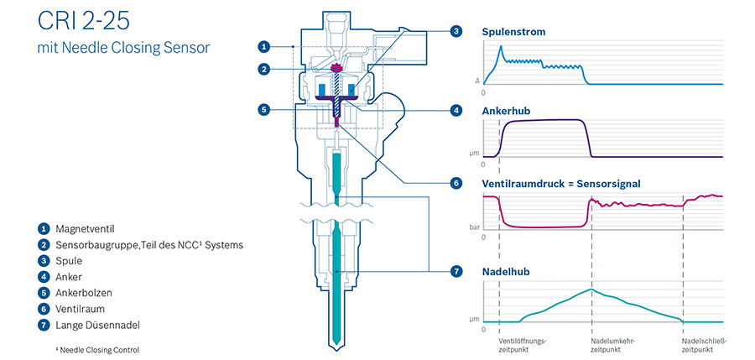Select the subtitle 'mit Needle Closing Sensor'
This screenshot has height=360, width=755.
[x=124, y=48]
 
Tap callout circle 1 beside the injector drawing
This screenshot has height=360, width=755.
[x=263, y=47]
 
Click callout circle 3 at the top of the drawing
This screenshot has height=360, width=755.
[x=456, y=31]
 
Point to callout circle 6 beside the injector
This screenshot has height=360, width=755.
[x=456, y=184]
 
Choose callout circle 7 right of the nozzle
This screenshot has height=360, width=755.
[x=456, y=272]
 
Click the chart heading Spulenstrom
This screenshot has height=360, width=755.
[x=513, y=32]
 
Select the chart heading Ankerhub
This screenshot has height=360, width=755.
[x=506, y=112]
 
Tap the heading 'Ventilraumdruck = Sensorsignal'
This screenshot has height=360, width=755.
[x=561, y=184]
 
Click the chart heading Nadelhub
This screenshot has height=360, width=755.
[x=506, y=272]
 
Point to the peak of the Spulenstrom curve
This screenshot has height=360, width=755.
[x=502, y=46]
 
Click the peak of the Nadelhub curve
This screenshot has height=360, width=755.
[x=591, y=290]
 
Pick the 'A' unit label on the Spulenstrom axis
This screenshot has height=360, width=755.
[x=477, y=81]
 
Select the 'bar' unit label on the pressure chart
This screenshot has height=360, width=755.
[x=475, y=227]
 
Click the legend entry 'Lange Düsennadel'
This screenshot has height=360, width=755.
[x=97, y=326]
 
